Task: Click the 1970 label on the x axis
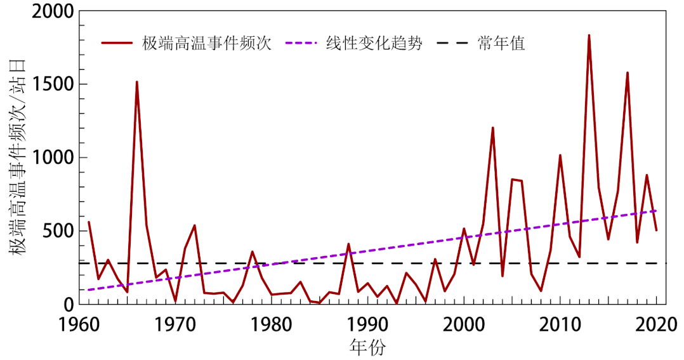[x=175, y=323]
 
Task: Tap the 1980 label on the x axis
[x=272, y=323]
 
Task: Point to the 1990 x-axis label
[x=368, y=323]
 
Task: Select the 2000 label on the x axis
[x=464, y=323]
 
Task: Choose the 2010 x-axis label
[x=560, y=323]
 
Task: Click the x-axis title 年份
[x=367, y=347]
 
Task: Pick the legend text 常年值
[x=501, y=44]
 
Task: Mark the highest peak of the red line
[x=589, y=36]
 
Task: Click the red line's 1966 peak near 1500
[x=136, y=82]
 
